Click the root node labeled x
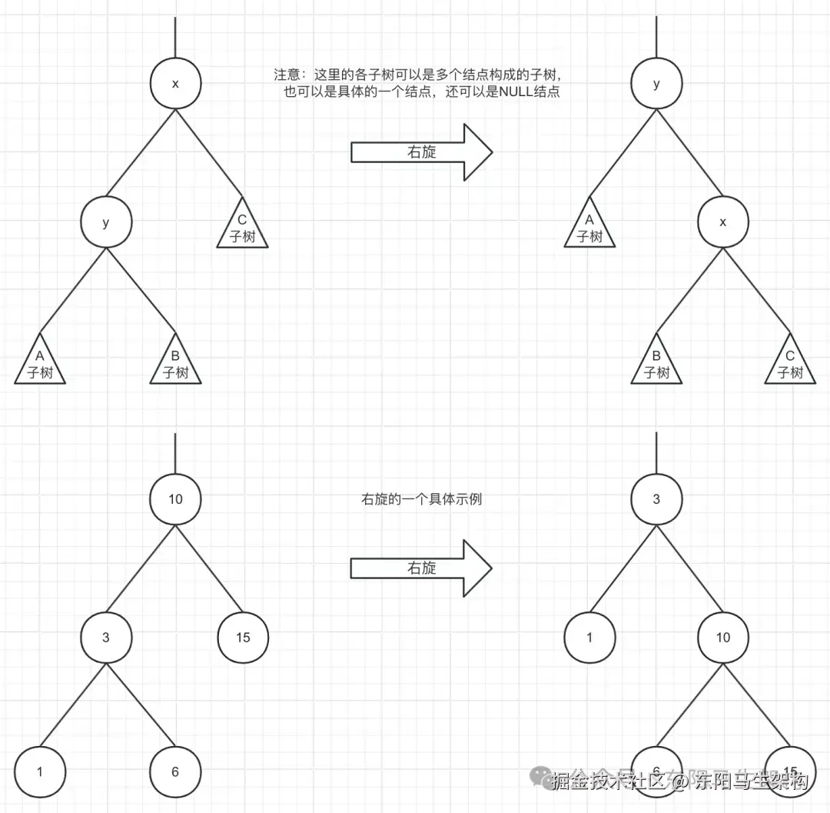coord(175,84)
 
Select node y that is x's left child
coord(106,222)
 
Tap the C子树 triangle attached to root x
coord(242,229)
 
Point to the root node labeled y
coord(656,84)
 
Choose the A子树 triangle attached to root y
coord(589,229)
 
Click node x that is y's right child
coord(722,222)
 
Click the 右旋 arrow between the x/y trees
coord(421,152)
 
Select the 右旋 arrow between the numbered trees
coord(421,568)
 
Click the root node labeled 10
coord(175,499)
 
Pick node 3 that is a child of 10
coord(106,638)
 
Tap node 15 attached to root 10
coord(243,638)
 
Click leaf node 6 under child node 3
coord(175,771)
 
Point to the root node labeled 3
coord(656,499)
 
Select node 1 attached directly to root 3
coord(589,638)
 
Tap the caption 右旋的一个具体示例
coord(421,499)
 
